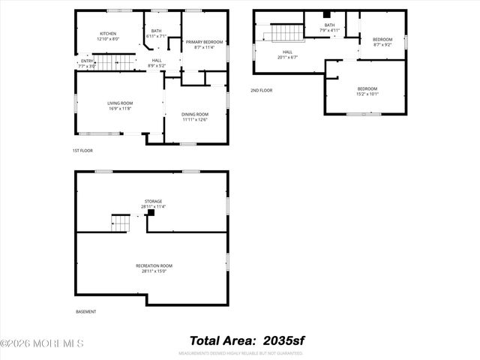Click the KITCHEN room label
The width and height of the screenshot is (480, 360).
point(109,34)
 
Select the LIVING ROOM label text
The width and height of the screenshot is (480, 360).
point(120,105)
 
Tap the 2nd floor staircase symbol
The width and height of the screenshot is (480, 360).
point(285,33)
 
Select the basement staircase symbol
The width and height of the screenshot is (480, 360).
point(121,223)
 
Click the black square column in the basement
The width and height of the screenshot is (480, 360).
point(151,213)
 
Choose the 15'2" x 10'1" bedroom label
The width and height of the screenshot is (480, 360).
point(367,91)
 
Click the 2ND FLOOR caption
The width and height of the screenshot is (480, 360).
point(262,91)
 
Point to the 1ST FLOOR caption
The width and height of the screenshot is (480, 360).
point(82,151)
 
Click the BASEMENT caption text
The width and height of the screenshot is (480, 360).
point(86,311)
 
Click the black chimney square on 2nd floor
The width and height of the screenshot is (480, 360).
point(326,14)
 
